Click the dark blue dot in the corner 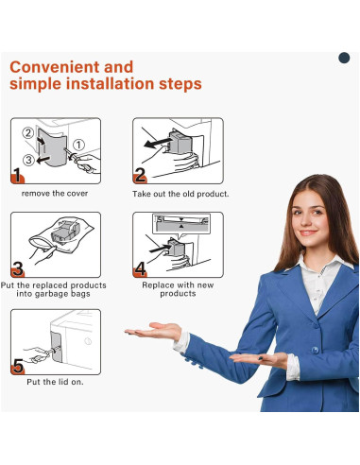click(344, 58)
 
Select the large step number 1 click(17, 175)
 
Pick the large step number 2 click(140, 175)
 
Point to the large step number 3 click(18, 268)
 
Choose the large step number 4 click(141, 268)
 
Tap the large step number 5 click(18, 366)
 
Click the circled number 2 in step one click(28, 132)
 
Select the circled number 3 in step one click(28, 160)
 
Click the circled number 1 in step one click(78, 145)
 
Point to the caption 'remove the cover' click(55, 194)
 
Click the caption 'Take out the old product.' click(180, 194)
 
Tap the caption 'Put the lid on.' click(55, 382)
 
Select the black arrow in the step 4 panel click(160, 250)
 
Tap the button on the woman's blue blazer click(315, 350)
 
